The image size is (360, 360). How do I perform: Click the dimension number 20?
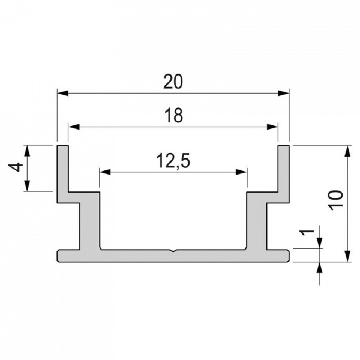(173, 82)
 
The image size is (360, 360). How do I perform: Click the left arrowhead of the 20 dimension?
(61, 93)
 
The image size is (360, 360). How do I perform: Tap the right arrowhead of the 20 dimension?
(286, 93)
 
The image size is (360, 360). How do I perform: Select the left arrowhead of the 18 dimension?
(73, 127)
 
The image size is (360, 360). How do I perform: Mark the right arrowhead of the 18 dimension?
(274, 127)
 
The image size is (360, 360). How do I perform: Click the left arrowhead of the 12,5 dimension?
(104, 172)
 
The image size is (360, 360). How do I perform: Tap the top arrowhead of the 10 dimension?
(348, 149)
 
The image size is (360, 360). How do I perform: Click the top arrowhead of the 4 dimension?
(27, 149)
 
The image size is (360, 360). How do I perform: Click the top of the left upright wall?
(62, 146)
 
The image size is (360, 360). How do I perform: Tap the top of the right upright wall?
(284, 146)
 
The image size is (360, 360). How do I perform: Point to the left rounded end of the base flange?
(58, 256)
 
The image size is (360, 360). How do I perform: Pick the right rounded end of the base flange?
(288, 256)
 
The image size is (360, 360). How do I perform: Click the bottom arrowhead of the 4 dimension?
(27, 187)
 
